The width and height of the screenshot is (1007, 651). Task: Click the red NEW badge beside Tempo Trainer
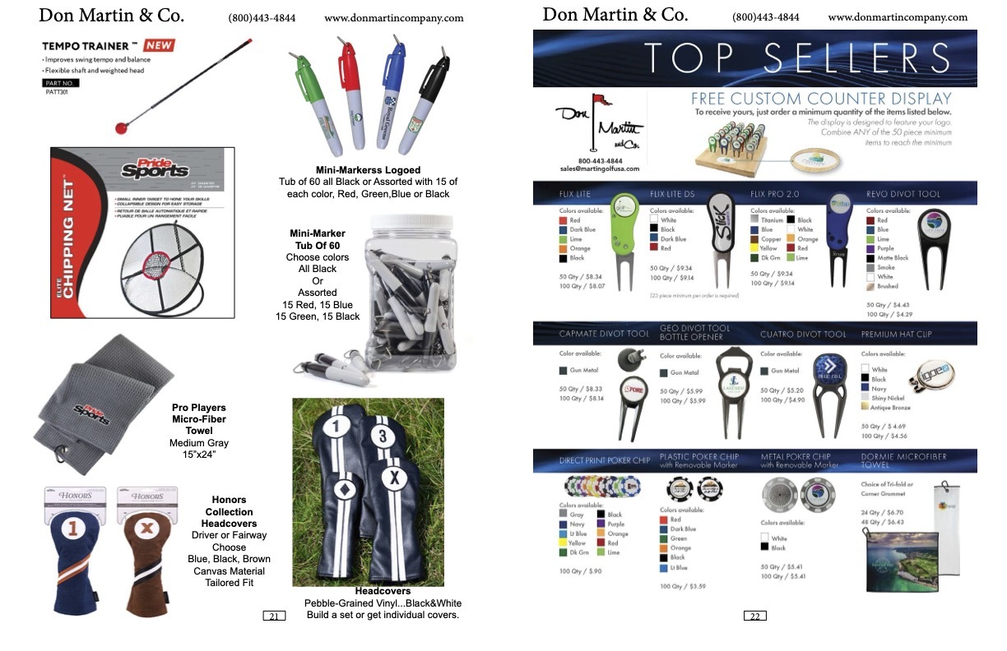159,45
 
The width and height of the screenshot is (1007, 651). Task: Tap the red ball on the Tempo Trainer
121,128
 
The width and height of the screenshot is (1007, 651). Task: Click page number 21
274,616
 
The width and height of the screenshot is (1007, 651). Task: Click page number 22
754,616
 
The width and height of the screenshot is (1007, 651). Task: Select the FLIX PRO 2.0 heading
774,194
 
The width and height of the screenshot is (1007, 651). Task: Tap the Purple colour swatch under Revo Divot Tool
871,248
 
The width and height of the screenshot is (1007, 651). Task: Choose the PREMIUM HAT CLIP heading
897,335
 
